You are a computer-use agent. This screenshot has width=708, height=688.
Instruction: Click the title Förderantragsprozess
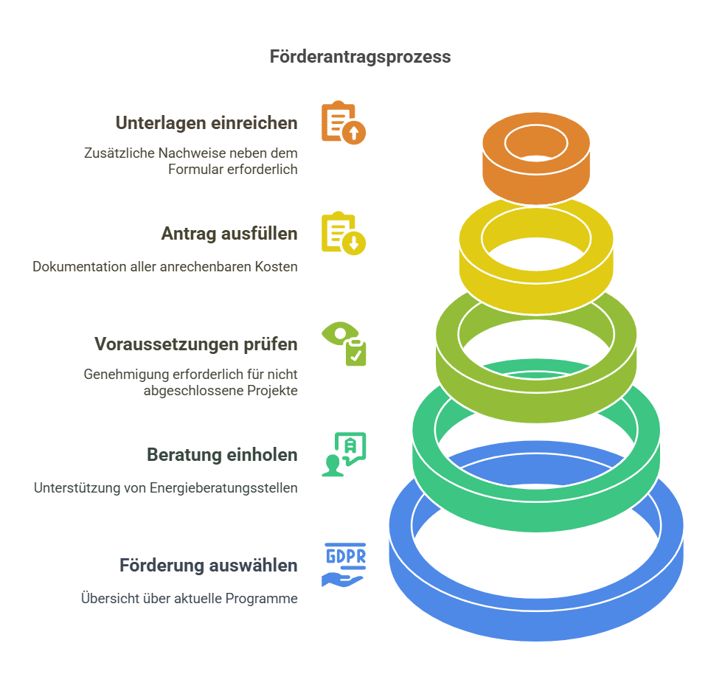pos(360,57)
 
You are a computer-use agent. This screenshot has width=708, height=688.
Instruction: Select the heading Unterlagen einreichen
pos(206,123)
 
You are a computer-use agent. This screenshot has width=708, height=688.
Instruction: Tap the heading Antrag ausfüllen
pos(229,234)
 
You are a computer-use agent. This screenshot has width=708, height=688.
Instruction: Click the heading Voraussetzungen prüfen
pos(196,344)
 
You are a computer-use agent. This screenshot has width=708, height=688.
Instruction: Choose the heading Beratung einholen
pos(222,455)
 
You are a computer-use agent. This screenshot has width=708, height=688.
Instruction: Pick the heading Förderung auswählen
pos(209,566)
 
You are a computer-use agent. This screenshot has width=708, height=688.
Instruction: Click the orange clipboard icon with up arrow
pos(343,122)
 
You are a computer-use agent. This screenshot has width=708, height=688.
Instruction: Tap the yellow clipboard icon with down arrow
pos(343,233)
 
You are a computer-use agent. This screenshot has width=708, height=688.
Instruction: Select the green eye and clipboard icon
pos(344,344)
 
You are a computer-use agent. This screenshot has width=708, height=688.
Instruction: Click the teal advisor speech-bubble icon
pos(344,454)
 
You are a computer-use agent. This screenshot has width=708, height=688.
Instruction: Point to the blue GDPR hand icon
pos(344,565)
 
